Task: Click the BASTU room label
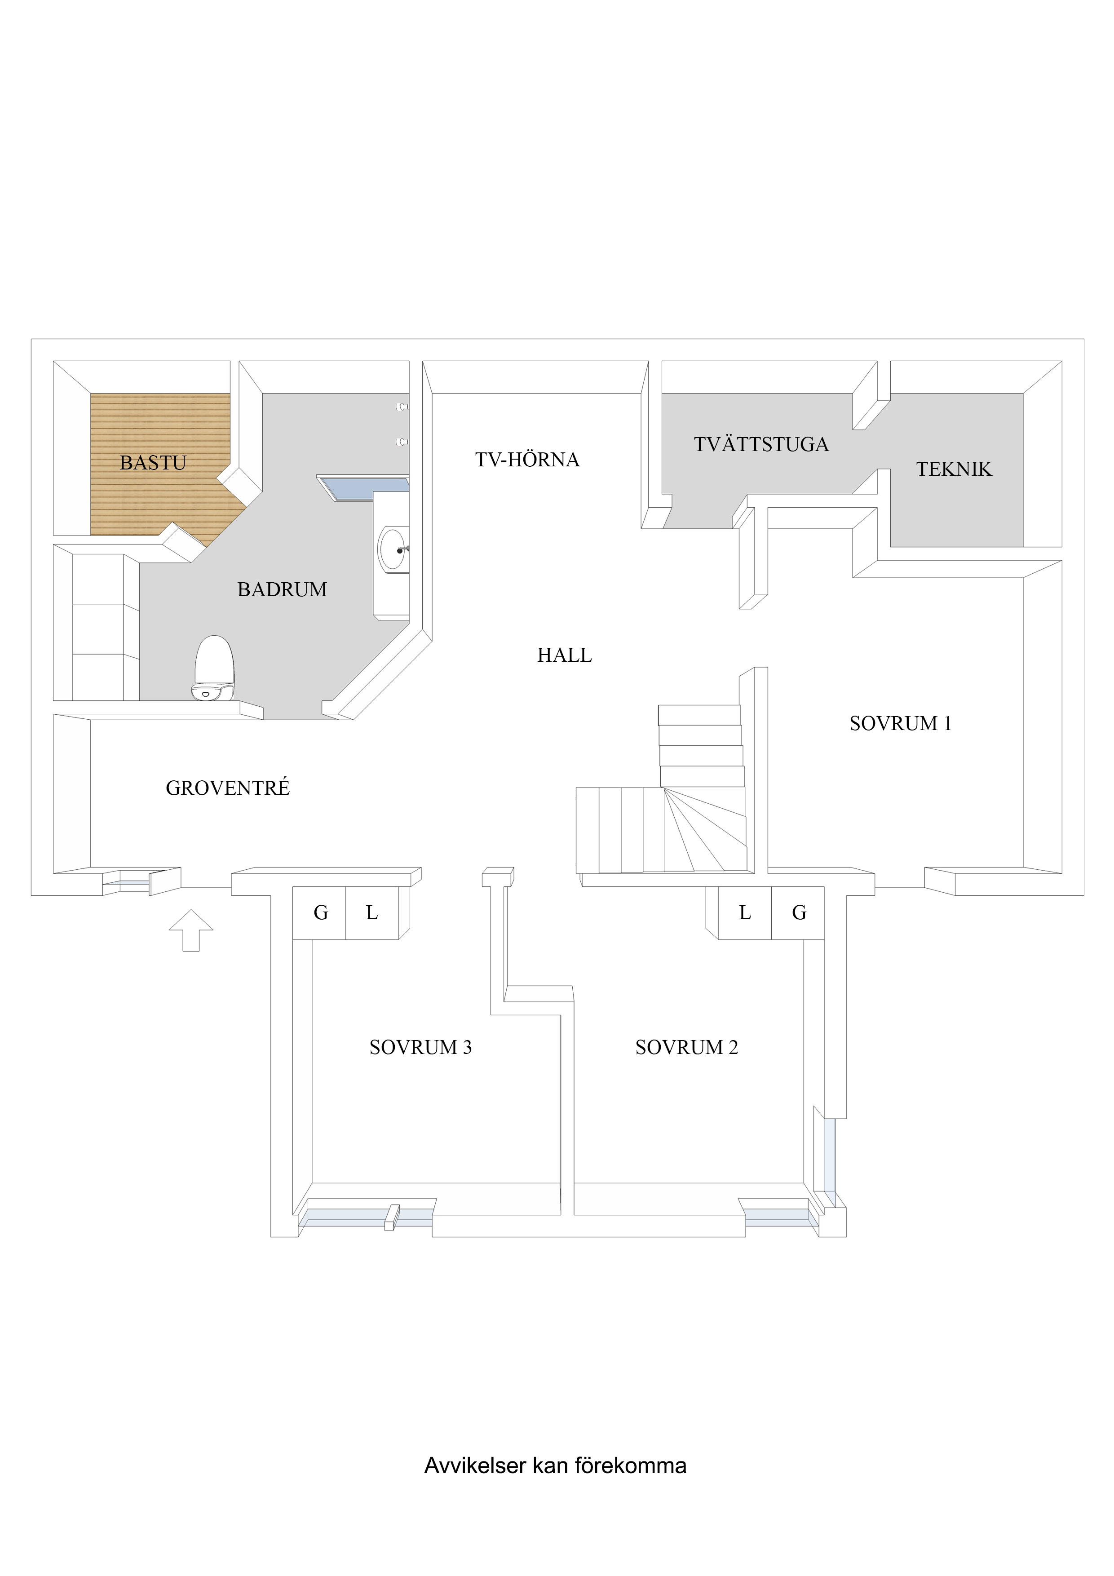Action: pos(153,463)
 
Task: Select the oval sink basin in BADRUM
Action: pos(393,549)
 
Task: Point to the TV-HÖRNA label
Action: pos(527,460)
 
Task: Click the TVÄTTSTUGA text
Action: pos(761,445)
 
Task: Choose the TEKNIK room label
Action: pos(954,469)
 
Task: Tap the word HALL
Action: pos(564,655)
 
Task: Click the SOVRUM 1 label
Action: pos(900,723)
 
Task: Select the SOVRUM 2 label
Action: pos(686,1048)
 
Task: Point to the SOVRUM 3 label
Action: pos(420,1048)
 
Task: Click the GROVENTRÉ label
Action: pos(228,788)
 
